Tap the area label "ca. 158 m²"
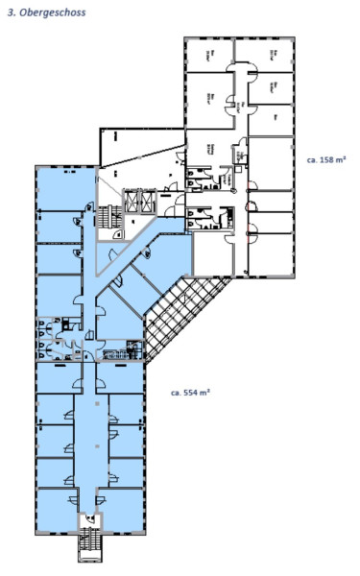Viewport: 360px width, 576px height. [325, 159]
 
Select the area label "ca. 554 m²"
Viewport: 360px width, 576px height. [190, 392]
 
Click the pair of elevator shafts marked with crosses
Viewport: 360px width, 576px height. [135, 198]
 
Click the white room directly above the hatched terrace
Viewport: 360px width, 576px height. [210, 254]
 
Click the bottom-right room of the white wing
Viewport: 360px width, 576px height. [271, 253]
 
